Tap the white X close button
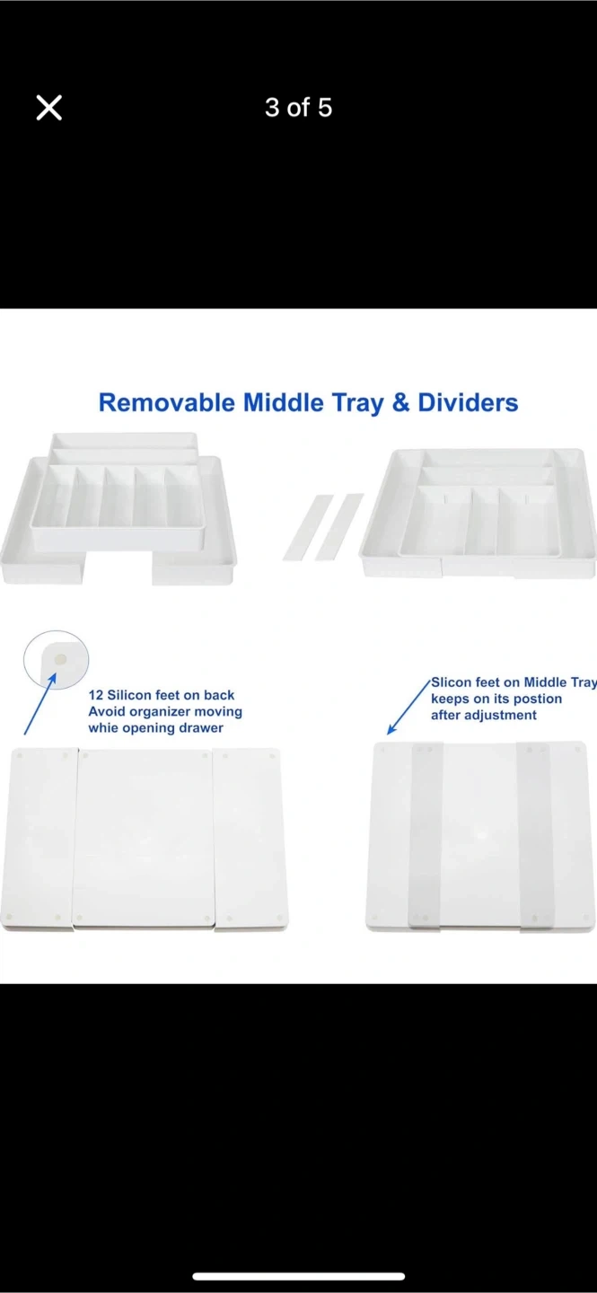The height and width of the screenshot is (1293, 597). coord(49,108)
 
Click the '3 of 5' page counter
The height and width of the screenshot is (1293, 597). coord(298,108)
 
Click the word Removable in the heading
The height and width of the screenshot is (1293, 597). coord(168,403)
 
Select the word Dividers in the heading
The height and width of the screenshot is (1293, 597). coord(468,403)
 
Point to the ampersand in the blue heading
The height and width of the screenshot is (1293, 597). coord(400,403)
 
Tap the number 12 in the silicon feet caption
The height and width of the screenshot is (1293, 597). coord(96,695)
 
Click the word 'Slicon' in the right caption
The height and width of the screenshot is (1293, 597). coord(450,682)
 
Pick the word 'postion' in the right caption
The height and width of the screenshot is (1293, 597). coord(538,699)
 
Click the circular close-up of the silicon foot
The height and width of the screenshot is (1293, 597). coord(56,659)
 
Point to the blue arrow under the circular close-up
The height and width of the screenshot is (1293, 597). coord(40,704)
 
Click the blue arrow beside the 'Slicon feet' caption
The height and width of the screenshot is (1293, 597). coord(408,708)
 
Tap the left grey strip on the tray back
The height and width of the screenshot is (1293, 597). coord(426,836)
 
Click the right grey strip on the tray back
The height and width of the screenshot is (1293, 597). coord(535,836)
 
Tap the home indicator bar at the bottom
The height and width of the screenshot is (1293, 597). coord(298,1276)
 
